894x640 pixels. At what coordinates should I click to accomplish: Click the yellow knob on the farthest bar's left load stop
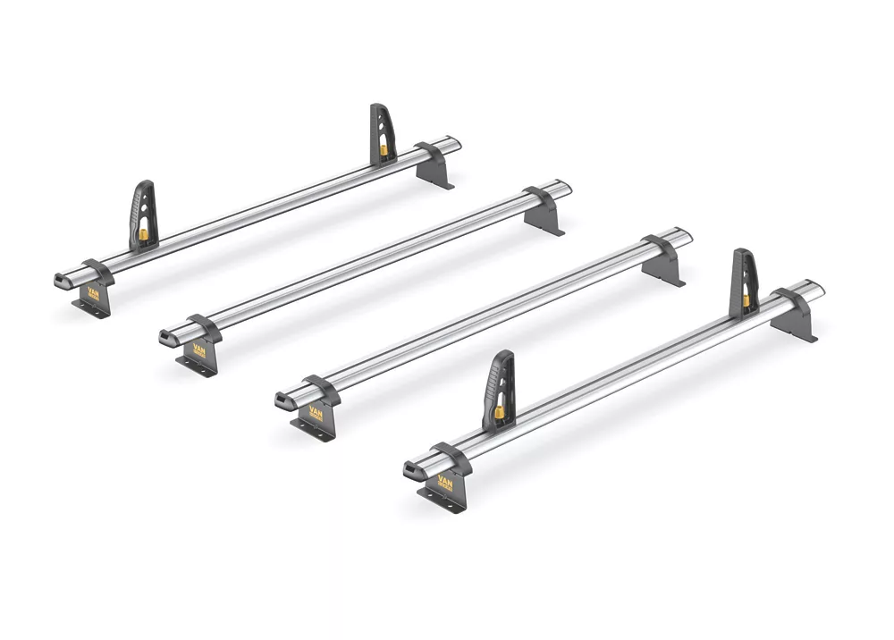[x=143, y=235]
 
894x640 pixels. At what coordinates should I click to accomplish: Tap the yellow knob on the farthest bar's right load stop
[x=384, y=149]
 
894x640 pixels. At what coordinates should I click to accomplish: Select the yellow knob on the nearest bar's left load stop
[x=497, y=413]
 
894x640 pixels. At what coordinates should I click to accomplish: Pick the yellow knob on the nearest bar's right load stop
[x=745, y=299]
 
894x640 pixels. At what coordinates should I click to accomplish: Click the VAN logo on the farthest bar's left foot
[x=93, y=293]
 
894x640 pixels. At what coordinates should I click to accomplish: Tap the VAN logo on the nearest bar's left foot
[x=443, y=488]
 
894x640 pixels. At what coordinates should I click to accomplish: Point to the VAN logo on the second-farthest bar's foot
[x=198, y=351]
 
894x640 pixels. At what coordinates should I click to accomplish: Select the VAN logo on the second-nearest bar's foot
[x=315, y=412]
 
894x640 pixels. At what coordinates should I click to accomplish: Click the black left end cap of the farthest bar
[x=61, y=280]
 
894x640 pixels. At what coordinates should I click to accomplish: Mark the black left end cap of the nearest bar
[x=410, y=469]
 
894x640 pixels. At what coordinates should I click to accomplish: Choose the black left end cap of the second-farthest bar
[x=166, y=338]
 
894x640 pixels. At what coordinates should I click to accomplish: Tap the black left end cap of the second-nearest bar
[x=283, y=399]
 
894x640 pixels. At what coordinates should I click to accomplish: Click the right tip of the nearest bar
[x=817, y=289]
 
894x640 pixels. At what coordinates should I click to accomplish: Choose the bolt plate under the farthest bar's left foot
[x=89, y=306]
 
